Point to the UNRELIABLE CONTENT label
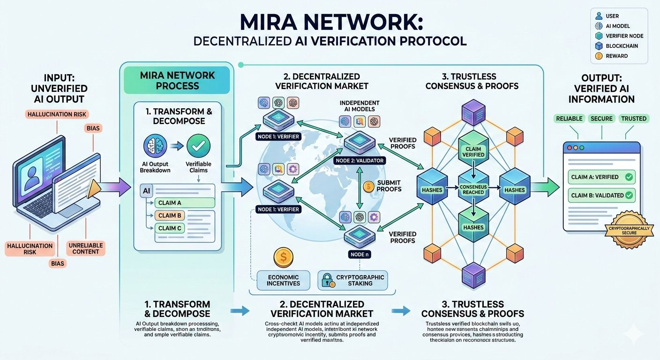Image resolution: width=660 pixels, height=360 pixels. point(86,248)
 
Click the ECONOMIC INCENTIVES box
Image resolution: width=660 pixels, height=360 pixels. point(283,280)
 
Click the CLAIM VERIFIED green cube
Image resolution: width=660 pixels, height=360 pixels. point(473,151)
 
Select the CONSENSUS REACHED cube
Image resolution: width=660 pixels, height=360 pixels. point(473,189)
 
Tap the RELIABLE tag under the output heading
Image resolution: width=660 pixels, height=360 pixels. point(569,119)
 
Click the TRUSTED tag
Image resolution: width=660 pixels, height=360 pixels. point(634,119)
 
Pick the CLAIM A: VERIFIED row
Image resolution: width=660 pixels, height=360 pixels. point(601,177)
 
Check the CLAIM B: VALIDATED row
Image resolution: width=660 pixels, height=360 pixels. point(601,195)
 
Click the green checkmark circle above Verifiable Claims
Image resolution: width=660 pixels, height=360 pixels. point(198,146)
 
